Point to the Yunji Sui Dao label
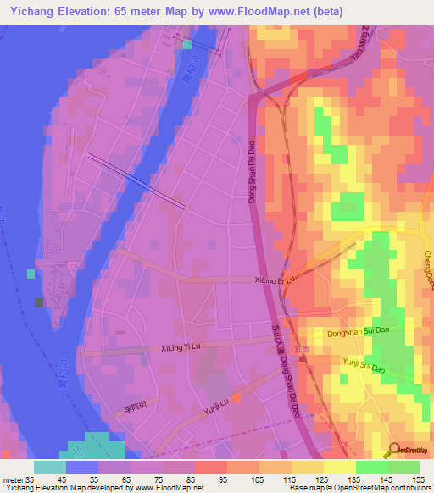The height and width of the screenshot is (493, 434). pos(364,366)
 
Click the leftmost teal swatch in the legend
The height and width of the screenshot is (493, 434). pos(50,467)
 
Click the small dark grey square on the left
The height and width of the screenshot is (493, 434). pos(38,302)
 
